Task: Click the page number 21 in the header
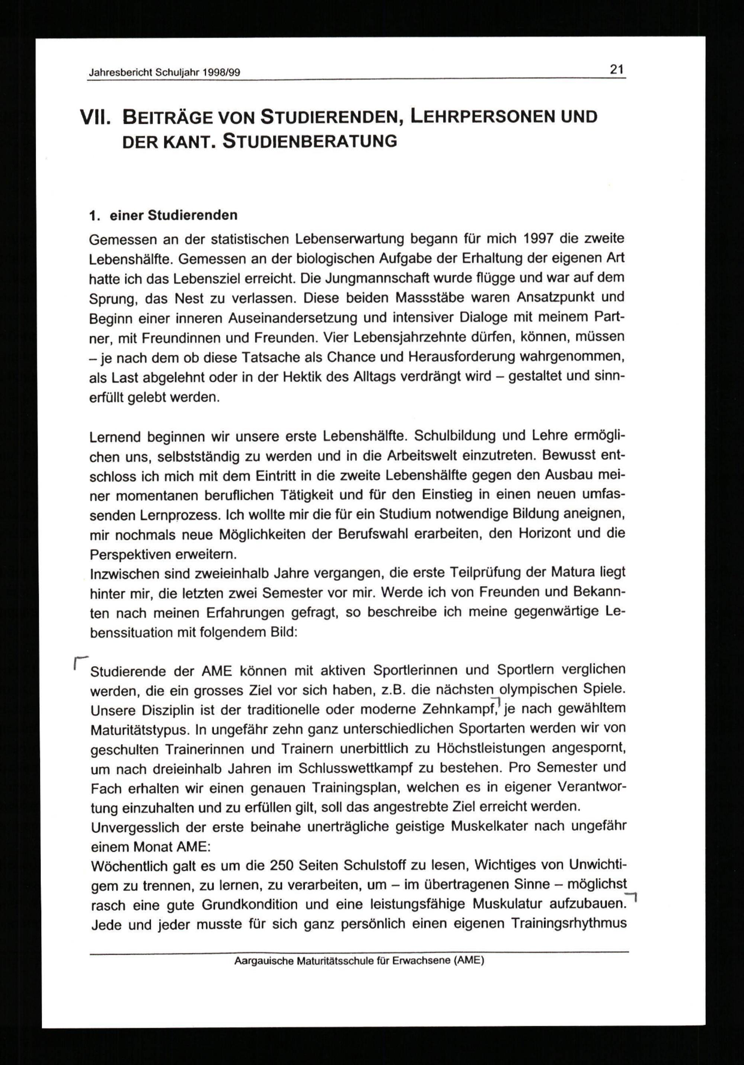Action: [x=617, y=70]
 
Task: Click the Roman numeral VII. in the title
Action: [x=95, y=118]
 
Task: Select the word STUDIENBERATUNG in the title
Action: [x=310, y=141]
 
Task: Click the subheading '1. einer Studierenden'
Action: [x=163, y=215]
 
